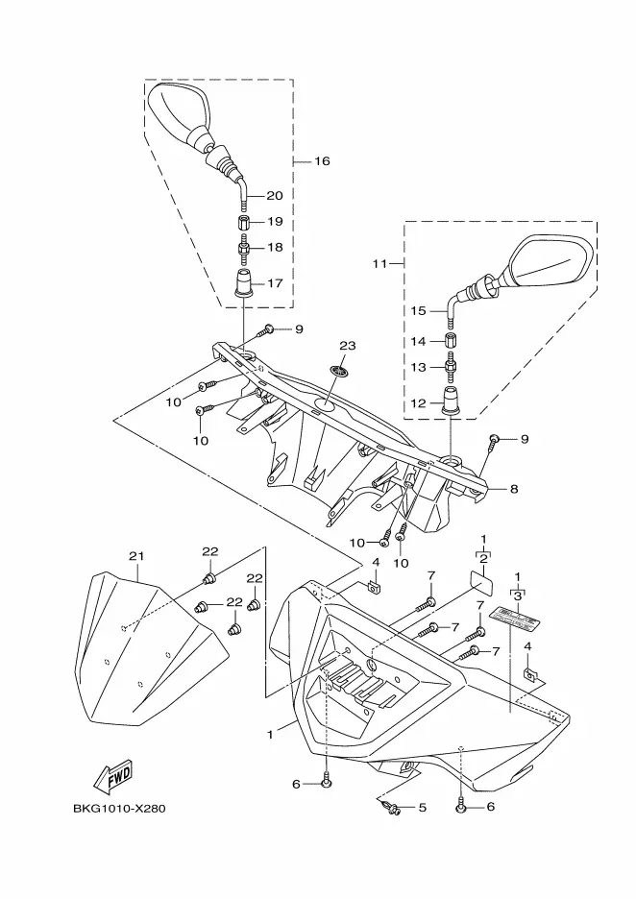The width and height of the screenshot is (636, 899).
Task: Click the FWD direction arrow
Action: pos(113,775)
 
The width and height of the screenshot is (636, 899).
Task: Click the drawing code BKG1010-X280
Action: pos(119,809)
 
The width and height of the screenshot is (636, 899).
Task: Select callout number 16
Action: pos(322,161)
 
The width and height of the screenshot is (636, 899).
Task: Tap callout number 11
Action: pos(379,264)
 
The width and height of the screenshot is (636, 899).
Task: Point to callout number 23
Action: pos(348,346)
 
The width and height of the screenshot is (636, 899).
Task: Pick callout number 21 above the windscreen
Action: pos(136,556)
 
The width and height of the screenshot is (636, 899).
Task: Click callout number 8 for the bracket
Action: pos(514,489)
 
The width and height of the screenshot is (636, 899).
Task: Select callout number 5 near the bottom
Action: pos(423,808)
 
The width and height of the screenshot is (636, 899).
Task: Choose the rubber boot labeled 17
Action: pos(244,282)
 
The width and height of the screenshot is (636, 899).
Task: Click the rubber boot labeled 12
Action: pos(451,402)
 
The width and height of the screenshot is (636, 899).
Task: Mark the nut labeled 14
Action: pos(452,341)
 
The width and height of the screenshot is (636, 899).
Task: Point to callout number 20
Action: pos(275,196)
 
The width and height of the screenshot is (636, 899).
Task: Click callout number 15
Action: pos(419,311)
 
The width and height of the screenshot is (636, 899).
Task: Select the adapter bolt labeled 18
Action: pos(244,247)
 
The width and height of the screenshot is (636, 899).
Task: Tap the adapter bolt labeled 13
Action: pos(452,366)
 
